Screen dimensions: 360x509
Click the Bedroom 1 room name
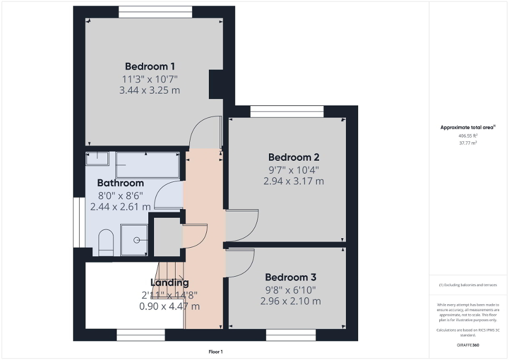150,66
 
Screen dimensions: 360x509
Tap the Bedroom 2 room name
293,157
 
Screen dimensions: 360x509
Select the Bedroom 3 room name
290,277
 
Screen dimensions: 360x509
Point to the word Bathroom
120,183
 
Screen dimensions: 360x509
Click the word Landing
169,283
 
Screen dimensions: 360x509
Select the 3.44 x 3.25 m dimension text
150,90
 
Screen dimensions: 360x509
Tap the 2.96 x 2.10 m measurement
290,301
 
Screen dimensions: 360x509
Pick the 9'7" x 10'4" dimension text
293,170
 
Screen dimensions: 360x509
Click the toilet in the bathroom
105,241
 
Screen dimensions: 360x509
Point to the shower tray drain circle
137,240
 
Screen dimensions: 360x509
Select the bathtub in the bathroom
148,165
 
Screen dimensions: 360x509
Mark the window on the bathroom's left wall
76,222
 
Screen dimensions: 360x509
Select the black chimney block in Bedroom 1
216,84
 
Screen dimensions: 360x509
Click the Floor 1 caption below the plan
215,352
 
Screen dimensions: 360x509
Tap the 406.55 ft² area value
468,135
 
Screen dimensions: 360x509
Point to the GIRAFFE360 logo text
468,345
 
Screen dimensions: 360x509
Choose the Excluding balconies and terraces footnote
468,285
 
